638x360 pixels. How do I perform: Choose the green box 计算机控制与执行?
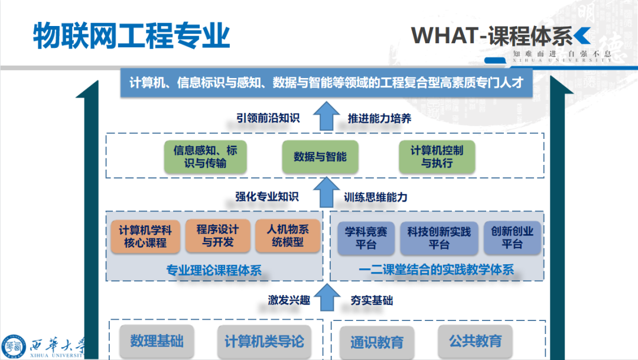point(437,157)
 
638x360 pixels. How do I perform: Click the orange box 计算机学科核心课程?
point(145,236)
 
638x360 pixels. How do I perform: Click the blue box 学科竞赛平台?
point(366,238)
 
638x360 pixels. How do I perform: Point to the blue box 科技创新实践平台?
point(439,238)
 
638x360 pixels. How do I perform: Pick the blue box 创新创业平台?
point(512,238)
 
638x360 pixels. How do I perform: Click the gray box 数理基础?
point(157,341)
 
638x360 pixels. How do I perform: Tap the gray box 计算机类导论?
point(264,341)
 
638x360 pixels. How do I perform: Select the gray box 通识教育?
point(377,342)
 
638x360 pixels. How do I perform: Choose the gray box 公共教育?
point(476,340)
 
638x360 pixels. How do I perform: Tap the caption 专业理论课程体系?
point(214,271)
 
